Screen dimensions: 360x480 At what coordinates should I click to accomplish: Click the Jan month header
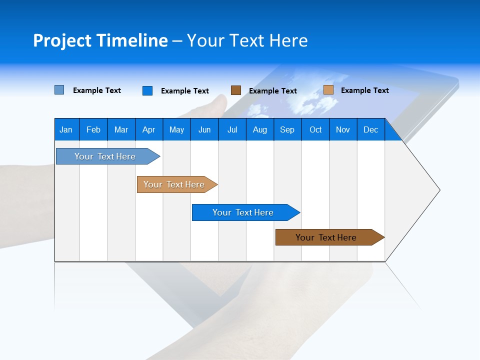point(66,129)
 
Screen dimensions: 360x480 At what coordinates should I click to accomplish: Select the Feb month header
point(93,129)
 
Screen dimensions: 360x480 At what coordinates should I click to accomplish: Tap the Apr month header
point(149,129)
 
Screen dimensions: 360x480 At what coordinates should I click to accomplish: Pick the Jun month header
point(204,129)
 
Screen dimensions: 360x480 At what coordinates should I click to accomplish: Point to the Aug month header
point(260,129)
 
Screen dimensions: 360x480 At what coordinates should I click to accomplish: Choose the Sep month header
point(287,129)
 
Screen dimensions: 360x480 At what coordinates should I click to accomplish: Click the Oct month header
point(315,129)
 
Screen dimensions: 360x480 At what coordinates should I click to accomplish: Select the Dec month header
point(371,129)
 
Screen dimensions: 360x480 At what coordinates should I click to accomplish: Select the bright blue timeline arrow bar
point(243,212)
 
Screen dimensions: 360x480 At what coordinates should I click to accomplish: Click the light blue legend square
point(59,90)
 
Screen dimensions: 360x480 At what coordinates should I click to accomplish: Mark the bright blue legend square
point(147,90)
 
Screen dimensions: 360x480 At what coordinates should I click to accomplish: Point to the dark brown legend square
point(236,90)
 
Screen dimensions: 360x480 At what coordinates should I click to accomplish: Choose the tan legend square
point(328,90)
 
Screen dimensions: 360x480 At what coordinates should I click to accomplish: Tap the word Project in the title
point(62,40)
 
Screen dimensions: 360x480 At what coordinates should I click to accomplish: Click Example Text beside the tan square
point(365,90)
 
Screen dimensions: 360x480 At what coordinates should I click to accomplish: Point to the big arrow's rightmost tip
point(439,190)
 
